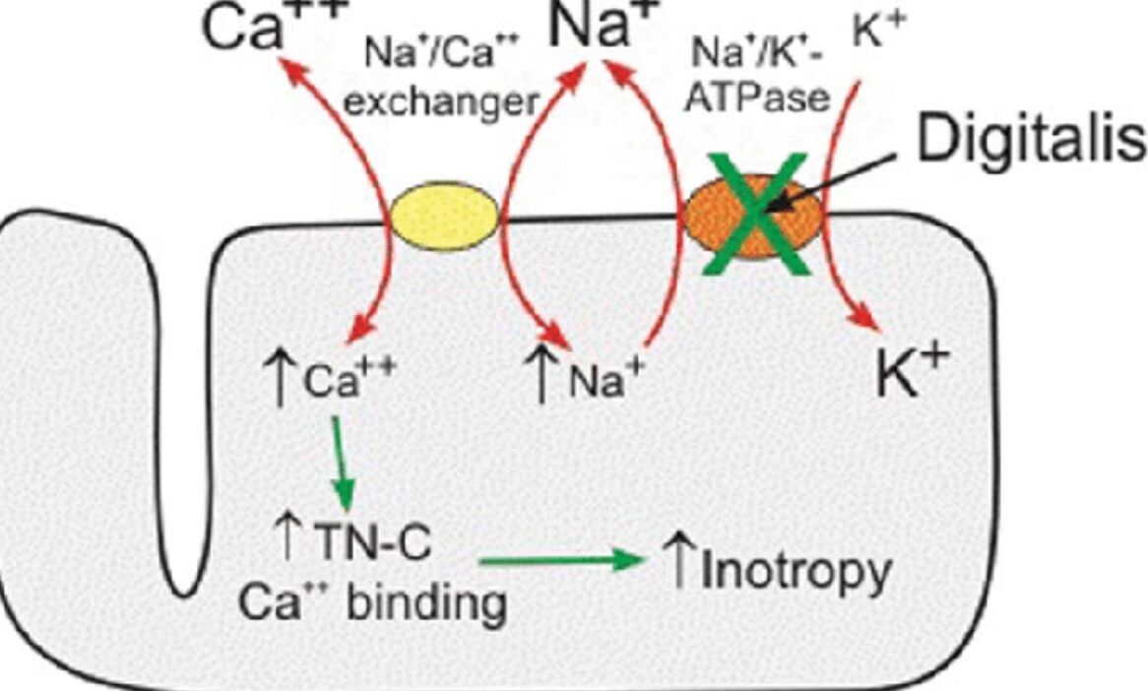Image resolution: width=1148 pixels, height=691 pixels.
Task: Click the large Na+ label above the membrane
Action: [x=595, y=28]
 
